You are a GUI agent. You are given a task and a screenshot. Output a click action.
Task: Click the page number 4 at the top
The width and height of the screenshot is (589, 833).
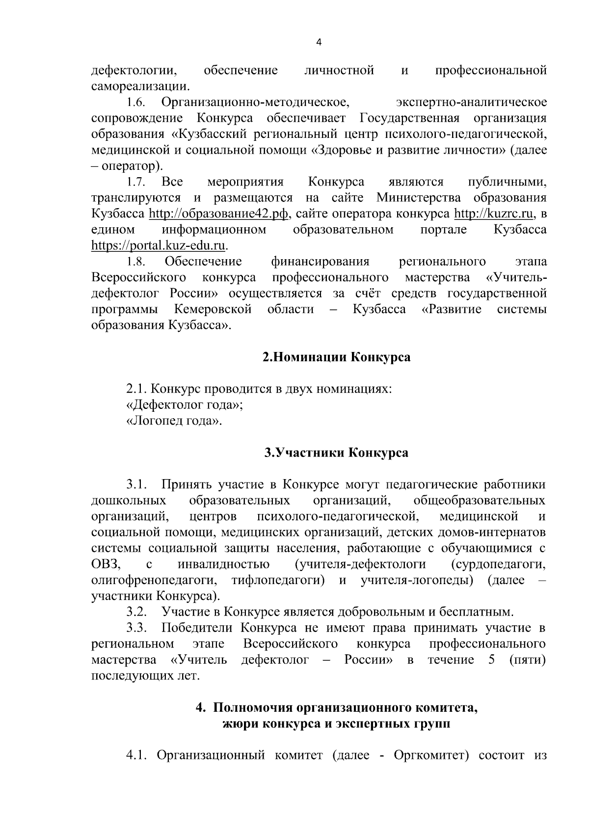[x=319, y=43]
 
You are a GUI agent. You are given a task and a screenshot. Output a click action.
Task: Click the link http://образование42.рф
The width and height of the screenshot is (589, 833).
[x=218, y=214]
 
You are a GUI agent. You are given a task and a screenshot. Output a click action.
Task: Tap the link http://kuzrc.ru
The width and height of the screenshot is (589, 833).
[x=494, y=214]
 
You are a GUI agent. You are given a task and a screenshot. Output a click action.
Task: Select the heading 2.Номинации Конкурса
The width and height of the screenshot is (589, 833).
[x=336, y=357]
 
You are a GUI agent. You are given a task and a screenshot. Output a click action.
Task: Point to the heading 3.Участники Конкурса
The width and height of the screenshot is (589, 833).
[x=336, y=452]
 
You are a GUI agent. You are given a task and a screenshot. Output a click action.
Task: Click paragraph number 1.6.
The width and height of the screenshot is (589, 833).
[x=136, y=103]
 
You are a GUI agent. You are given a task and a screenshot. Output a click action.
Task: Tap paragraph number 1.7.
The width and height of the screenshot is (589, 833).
[x=136, y=182]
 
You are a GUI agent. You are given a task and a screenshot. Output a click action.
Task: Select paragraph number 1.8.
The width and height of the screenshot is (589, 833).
[x=136, y=261]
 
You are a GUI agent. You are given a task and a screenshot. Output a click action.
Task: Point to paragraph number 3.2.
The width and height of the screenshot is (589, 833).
[x=137, y=612]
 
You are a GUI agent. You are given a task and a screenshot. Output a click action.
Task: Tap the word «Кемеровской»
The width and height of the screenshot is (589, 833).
[x=213, y=309]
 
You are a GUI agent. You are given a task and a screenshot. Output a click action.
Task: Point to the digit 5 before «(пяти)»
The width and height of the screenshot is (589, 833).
[x=491, y=660]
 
